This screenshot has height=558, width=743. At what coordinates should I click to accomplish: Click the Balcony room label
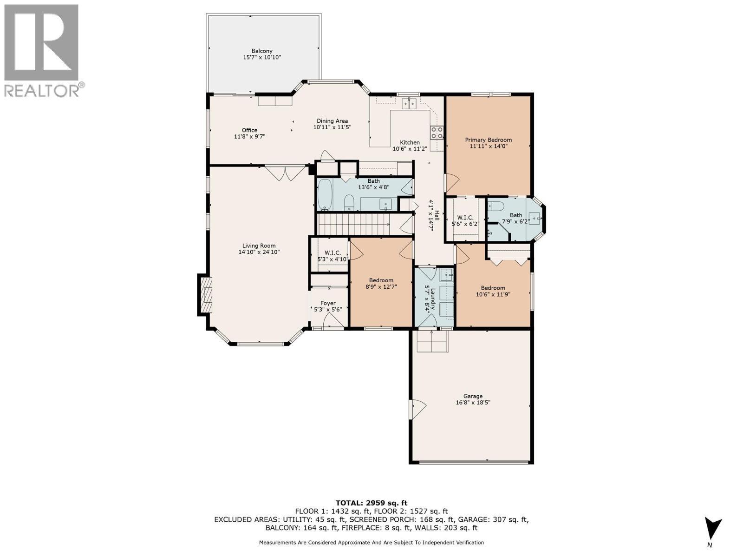[x=262, y=51]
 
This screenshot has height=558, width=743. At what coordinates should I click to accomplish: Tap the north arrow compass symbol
[x=713, y=529]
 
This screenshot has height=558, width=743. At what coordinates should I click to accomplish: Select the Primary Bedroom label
[x=489, y=140]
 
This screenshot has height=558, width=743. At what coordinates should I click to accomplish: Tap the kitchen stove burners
[x=437, y=133]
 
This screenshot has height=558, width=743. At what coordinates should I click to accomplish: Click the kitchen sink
[x=409, y=103]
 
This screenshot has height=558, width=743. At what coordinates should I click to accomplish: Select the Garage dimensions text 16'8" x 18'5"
[x=473, y=403]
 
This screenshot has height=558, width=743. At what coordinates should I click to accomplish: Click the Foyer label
[x=328, y=303]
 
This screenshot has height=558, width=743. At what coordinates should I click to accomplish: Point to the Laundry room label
[x=433, y=298]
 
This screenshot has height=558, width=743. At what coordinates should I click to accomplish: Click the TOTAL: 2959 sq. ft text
[x=371, y=503]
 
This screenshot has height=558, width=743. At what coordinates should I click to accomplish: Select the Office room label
[x=249, y=130]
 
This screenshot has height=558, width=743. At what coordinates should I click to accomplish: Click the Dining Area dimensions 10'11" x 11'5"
[x=332, y=127]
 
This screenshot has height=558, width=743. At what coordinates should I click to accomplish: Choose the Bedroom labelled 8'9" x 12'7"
[x=381, y=280]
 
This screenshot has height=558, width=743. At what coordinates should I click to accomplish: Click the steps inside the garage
[x=432, y=343]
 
